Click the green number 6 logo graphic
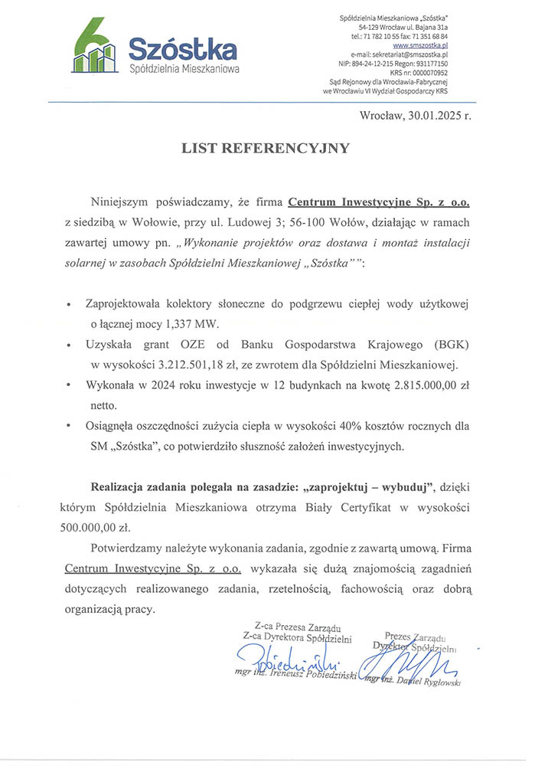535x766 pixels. (93, 50)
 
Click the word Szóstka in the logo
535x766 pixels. (182, 51)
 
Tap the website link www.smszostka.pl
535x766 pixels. (425, 46)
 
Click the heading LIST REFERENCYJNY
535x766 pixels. (266, 149)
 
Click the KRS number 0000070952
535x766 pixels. (429, 73)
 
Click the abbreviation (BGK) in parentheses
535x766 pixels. (442, 345)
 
